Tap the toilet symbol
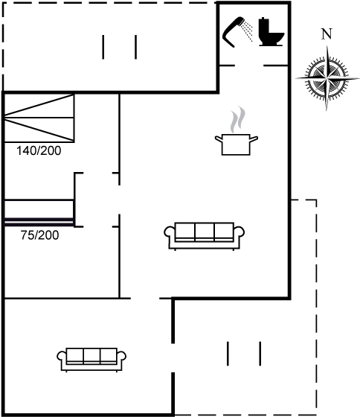(x=271, y=32)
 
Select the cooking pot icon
(x=236, y=144)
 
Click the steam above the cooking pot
(x=237, y=119)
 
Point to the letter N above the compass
(x=327, y=34)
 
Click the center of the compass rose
(x=327, y=78)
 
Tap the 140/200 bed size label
(x=39, y=150)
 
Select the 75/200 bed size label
(x=40, y=235)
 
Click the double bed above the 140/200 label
(x=39, y=118)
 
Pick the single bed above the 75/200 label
(x=39, y=213)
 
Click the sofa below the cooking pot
(x=204, y=236)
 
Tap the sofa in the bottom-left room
(x=91, y=359)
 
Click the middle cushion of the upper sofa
(x=204, y=232)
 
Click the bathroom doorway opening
(x=249, y=66)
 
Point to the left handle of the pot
(x=219, y=139)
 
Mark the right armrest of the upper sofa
(x=239, y=231)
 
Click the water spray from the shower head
(x=247, y=31)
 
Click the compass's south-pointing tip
(x=327, y=110)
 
